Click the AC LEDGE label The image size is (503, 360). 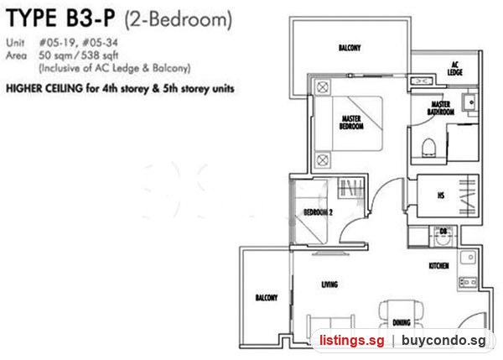[455, 69]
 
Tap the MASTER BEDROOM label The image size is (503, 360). [351, 123]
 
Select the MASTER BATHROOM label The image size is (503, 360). [441, 108]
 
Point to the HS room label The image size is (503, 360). [441, 196]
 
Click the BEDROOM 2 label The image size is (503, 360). [318, 212]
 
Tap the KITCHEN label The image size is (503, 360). [438, 265]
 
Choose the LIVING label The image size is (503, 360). [329, 284]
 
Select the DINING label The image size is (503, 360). [402, 322]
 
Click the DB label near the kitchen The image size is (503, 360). [443, 232]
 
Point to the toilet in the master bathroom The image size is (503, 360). [428, 148]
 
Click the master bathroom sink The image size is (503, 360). [470, 102]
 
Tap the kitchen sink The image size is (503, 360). [469, 258]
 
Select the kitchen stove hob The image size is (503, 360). [468, 282]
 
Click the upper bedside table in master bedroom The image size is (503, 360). [323, 87]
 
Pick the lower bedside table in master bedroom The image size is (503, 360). [323, 159]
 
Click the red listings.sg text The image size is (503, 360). [351, 340]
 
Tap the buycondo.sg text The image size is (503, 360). [443, 341]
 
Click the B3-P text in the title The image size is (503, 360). [91, 18]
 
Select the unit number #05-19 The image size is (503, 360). [58, 43]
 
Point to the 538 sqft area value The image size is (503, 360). [100, 55]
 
